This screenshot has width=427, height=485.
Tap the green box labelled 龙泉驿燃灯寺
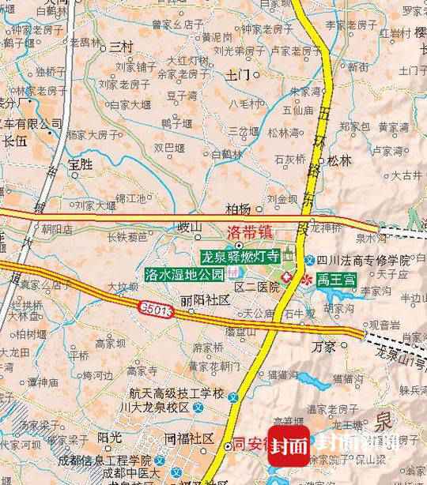(240, 256)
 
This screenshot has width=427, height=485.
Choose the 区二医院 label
(257, 287)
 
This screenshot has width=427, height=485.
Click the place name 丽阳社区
(204, 300)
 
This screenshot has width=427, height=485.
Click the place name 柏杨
(237, 209)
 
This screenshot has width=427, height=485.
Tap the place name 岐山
(190, 228)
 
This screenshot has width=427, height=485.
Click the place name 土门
(237, 75)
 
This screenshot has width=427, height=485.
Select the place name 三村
(121, 47)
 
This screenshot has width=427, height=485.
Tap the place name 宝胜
(81, 164)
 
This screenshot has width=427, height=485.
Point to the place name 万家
(323, 346)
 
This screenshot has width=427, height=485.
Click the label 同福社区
(190, 438)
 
